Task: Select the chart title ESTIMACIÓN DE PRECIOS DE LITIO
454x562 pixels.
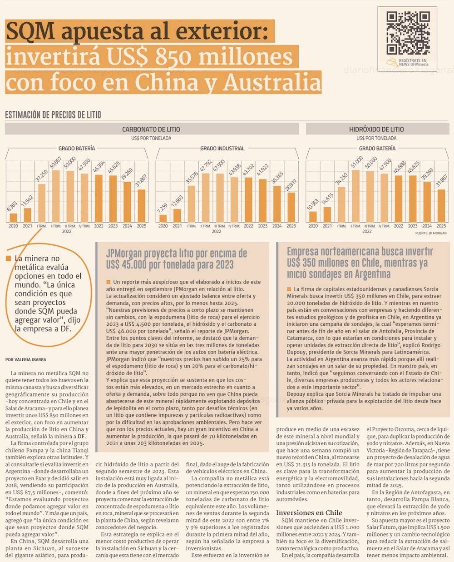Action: tap(53, 114)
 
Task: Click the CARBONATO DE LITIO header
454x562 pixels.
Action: tap(151, 129)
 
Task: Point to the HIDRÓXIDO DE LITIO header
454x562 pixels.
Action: tap(376, 129)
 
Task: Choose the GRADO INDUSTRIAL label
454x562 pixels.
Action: tap(222, 149)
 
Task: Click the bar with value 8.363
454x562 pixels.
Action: tap(13, 218)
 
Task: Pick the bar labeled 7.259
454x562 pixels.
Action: tap(163, 218)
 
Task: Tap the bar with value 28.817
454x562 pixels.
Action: tap(291, 207)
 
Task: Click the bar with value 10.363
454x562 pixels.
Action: tap(313, 217)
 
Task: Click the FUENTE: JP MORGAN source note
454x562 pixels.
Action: tap(431, 233)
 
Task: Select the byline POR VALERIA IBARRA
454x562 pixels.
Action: tap(26, 359)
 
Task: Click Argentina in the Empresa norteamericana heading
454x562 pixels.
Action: tap(368, 274)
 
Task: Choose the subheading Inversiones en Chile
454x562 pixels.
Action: tap(309, 512)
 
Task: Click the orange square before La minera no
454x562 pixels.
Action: tap(8, 259)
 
